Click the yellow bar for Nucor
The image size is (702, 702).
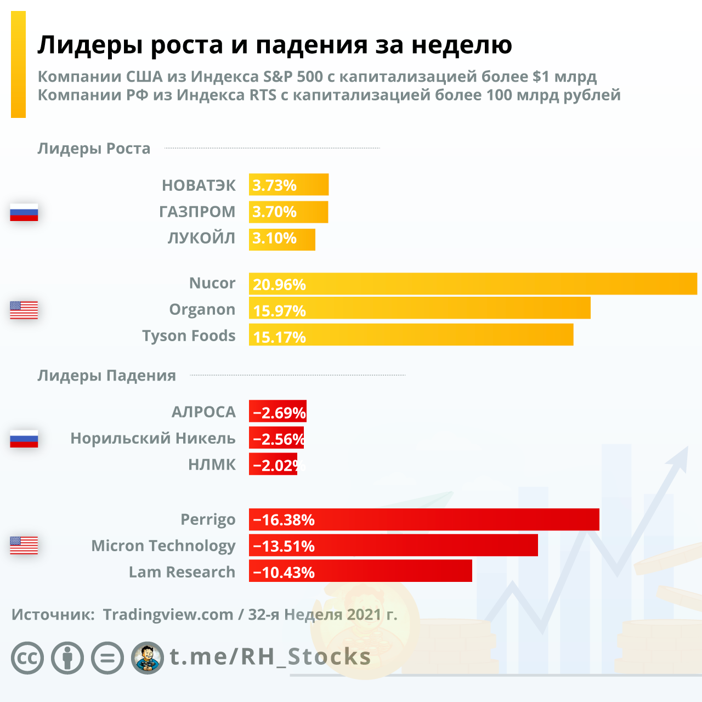click(473, 284)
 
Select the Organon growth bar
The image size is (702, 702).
click(420, 308)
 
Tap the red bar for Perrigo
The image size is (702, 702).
click(424, 519)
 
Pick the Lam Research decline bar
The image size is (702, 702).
click(360, 571)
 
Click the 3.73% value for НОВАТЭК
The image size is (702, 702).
click(274, 185)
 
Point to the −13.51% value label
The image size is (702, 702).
click(284, 546)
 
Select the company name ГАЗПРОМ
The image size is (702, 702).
click(197, 212)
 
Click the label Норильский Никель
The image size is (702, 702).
click(153, 438)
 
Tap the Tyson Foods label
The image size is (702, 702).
click(189, 336)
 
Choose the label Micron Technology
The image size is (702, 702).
click(163, 546)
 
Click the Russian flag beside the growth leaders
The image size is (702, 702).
click(24, 212)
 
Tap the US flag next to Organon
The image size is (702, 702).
click(24, 310)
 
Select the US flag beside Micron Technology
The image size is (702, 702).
click(24, 545)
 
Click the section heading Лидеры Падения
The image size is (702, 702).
click(106, 376)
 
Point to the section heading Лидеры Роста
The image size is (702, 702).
click(94, 149)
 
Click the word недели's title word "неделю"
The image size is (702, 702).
click(462, 45)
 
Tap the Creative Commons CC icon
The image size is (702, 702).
click(27, 658)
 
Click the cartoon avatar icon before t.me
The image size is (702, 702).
click(148, 658)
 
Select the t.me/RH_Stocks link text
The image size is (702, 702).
click(270, 656)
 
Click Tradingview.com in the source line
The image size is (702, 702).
click(168, 615)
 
